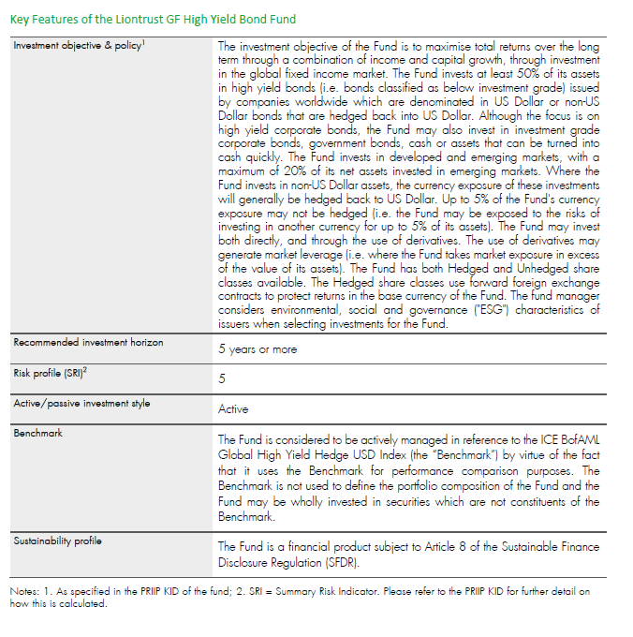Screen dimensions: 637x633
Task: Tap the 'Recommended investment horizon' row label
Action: coord(88,343)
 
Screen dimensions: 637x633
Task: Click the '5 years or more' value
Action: coord(258,349)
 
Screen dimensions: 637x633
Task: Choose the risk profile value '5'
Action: coord(222,379)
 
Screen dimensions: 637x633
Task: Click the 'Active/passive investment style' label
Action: coord(81,403)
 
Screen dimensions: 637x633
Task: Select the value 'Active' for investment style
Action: coord(233,409)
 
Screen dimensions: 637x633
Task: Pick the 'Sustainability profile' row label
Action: coord(57,541)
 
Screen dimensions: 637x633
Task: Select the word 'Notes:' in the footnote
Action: coord(24,591)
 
